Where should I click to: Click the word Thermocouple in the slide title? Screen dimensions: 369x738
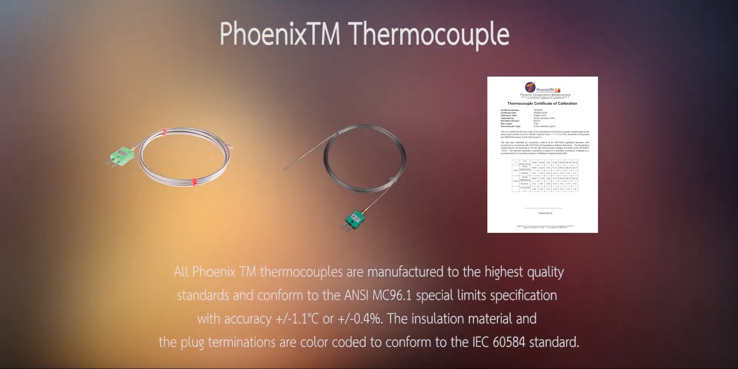(430, 34)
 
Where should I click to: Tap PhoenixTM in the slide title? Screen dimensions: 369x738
(280, 34)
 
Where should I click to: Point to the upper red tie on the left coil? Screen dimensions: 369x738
(164, 132)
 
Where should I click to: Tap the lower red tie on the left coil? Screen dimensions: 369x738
(194, 182)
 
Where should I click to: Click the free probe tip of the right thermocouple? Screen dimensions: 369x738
(285, 169)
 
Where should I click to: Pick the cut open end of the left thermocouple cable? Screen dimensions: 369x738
(231, 147)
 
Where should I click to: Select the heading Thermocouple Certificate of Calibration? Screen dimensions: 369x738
(542, 104)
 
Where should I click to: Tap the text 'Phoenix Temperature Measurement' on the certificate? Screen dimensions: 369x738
(545, 95)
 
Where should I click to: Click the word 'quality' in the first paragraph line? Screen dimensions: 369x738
(545, 272)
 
